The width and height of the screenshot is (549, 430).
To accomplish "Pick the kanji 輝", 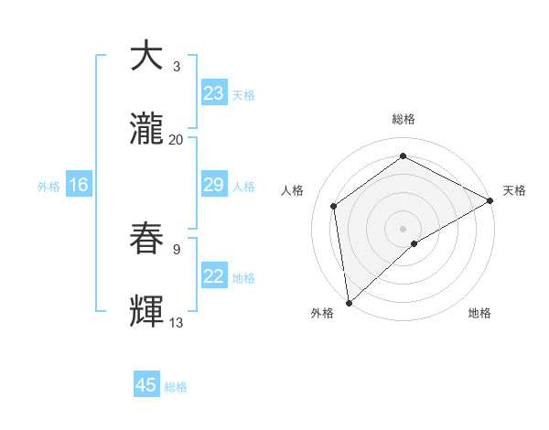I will [x=146, y=310].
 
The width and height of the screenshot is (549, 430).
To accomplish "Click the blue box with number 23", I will [x=213, y=93].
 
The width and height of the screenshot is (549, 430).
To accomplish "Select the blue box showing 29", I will [x=213, y=186].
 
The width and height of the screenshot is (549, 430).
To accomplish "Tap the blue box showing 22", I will [x=213, y=277].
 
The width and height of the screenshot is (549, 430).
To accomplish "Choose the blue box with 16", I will [x=78, y=186].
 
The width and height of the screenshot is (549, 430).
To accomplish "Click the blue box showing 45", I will [x=146, y=385].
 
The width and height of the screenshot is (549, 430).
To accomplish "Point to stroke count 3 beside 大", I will [x=177, y=67].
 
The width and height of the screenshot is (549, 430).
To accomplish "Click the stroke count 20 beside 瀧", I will [x=177, y=140].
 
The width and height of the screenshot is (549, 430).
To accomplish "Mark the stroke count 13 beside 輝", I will [x=177, y=323].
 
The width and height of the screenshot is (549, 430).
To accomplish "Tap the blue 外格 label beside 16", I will [x=48, y=187].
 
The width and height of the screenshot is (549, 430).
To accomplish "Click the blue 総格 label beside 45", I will [x=177, y=387].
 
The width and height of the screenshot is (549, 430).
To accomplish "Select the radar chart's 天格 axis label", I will [x=514, y=190].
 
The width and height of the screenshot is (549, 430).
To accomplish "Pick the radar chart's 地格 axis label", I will [x=479, y=313].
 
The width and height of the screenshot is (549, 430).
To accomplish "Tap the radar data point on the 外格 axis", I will [x=349, y=303].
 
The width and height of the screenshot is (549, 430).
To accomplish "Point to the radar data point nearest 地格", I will [x=414, y=243].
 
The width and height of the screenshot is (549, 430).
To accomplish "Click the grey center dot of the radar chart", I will [x=403, y=228].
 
